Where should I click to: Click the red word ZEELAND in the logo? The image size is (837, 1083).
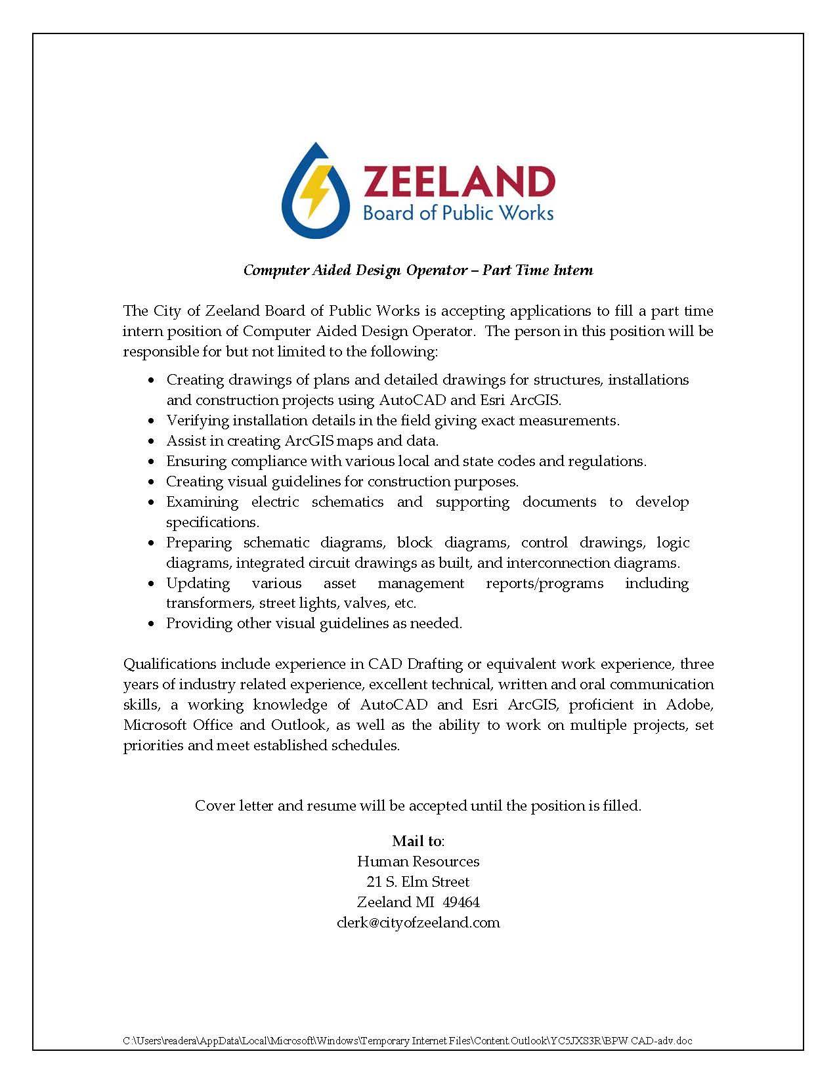tap(459, 182)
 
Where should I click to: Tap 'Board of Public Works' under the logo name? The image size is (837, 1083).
tap(458, 213)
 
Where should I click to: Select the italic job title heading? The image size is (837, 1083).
tap(418, 270)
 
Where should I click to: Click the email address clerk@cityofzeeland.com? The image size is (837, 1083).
tap(418, 922)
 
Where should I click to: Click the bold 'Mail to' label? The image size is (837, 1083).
tap(418, 841)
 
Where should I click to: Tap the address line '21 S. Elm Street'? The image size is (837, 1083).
tap(418, 881)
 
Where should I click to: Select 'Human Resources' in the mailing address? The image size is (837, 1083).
tap(418, 861)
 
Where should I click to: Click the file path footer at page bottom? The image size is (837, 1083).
tap(408, 1041)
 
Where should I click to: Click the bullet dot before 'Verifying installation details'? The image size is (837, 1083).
tap(152, 421)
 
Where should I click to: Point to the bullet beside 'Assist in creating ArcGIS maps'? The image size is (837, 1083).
tap(152, 441)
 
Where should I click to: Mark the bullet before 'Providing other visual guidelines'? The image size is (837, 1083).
tap(152, 624)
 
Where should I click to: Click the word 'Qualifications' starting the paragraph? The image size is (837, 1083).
tap(169, 664)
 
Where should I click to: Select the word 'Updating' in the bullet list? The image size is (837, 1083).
tap(198, 583)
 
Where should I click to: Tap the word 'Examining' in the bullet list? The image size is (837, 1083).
tap(202, 502)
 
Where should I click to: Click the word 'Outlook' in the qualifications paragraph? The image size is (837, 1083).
tap(299, 725)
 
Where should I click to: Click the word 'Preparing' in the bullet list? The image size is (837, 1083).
tap(199, 543)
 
